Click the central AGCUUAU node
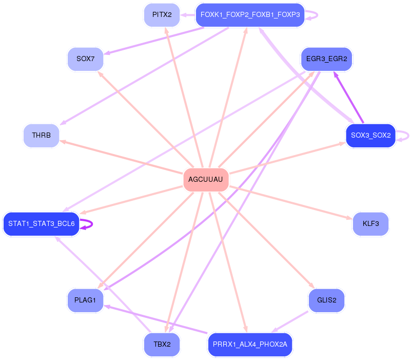pyautogui.click(x=206, y=180)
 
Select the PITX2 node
pyautogui.click(x=162, y=14)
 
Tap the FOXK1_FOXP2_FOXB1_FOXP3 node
pyautogui.click(x=250, y=15)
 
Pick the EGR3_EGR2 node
pyautogui.click(x=326, y=59)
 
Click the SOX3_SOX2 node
pyautogui.click(x=370, y=136)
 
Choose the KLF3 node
pyautogui.click(x=370, y=224)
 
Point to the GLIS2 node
pyautogui.click(x=326, y=300)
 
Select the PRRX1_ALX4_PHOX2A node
pyautogui.click(x=250, y=344)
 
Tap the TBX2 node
pyautogui.click(x=162, y=344)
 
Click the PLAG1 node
pyautogui.click(x=85, y=300)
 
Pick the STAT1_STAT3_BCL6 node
pyautogui.click(x=41, y=224)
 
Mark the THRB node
pyautogui.click(x=41, y=136)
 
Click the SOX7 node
pyautogui.click(x=85, y=59)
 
